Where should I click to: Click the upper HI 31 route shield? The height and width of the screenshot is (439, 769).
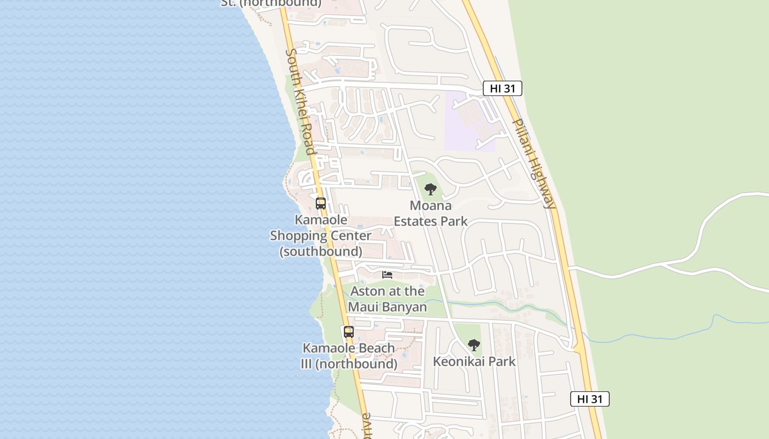(x=502, y=88)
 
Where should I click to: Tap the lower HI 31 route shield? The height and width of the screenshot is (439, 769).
(x=589, y=399)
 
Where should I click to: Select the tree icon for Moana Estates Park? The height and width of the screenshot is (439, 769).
(x=431, y=190)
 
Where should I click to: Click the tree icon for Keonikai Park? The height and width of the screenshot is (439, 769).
(x=473, y=345)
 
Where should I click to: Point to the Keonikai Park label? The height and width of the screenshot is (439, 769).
(x=474, y=361)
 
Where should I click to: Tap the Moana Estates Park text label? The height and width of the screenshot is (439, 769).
(x=431, y=213)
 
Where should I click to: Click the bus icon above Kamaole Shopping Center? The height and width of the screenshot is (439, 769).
(x=321, y=204)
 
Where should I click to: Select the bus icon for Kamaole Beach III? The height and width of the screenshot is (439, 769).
(x=349, y=332)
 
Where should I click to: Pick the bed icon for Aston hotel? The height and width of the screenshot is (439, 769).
(x=388, y=275)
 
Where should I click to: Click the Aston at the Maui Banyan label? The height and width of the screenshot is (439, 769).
(x=388, y=299)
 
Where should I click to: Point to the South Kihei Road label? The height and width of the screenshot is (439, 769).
(x=300, y=102)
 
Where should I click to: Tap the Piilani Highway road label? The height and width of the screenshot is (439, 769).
(x=533, y=164)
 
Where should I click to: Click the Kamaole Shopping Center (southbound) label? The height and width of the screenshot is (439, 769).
(x=321, y=235)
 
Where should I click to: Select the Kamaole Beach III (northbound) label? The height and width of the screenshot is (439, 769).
(x=349, y=356)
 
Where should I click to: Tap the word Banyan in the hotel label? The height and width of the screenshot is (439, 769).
(x=404, y=306)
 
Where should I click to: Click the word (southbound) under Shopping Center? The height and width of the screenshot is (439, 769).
(x=321, y=251)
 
